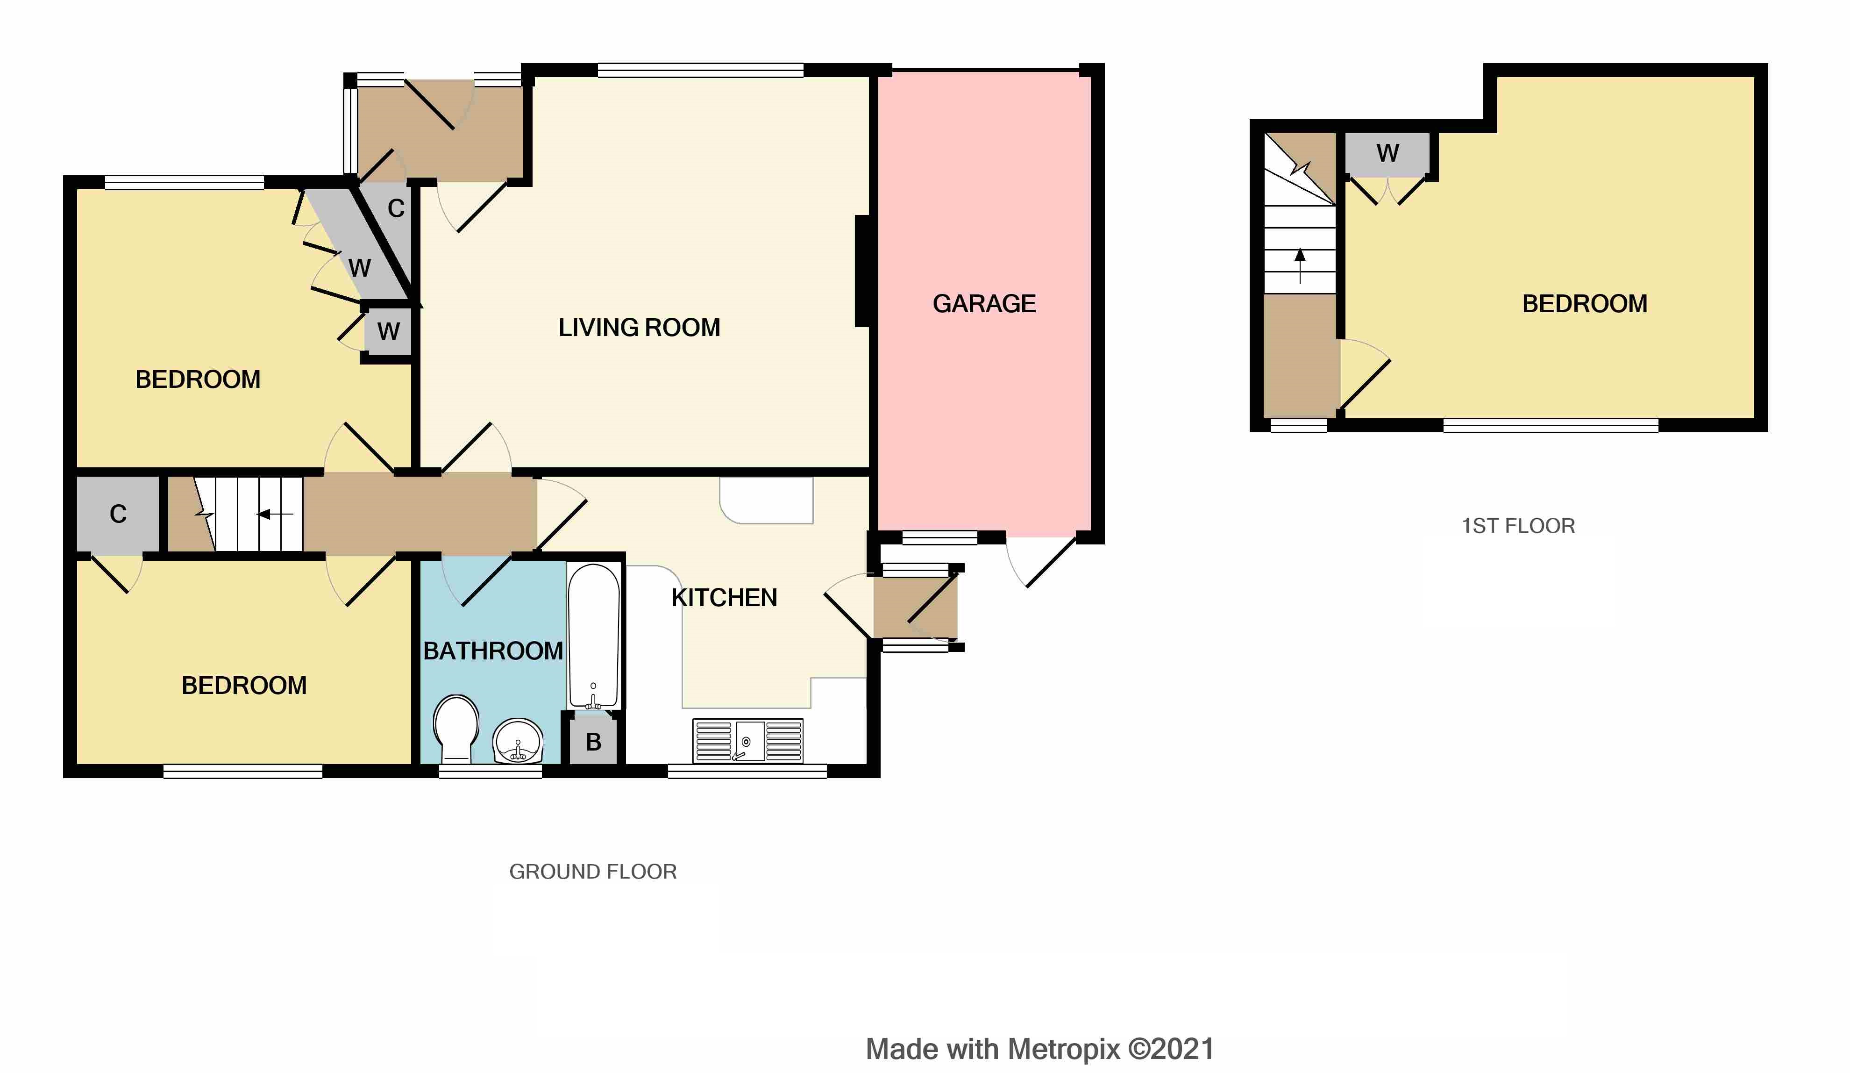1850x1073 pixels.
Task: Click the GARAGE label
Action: click(x=984, y=303)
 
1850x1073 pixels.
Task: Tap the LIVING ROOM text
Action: click(x=639, y=328)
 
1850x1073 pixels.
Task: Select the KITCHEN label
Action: click(x=724, y=598)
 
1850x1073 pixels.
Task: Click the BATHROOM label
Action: click(x=492, y=651)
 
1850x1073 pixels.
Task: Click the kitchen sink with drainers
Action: click(x=747, y=740)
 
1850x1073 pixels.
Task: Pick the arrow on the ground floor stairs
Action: click(x=275, y=514)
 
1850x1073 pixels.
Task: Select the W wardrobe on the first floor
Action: click(x=1387, y=153)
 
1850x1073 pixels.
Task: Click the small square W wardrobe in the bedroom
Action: click(x=388, y=332)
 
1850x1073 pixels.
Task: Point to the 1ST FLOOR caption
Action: click(x=1517, y=526)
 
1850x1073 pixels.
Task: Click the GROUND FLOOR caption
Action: click(x=592, y=872)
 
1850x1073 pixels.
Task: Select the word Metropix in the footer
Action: click(x=1064, y=1049)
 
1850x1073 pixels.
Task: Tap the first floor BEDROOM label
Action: click(x=1584, y=303)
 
